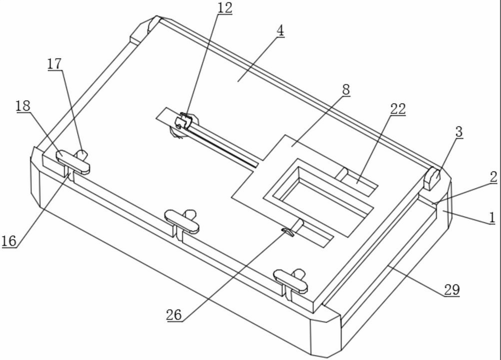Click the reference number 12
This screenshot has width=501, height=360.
coord(225,8)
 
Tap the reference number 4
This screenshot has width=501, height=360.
coord(280,30)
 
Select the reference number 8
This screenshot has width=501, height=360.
coord(345,90)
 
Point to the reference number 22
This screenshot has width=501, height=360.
coord(398,109)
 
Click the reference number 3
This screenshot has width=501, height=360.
coord(458,132)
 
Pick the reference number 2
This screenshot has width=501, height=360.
coord(493,177)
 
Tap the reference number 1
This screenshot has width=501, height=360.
coord(492,217)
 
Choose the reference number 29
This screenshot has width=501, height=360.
coord(451,290)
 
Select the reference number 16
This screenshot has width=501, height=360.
coord(9,241)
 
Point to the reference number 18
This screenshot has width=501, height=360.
coord(23,106)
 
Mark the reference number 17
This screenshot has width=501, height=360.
coord(55,64)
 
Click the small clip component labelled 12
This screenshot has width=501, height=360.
coord(183,122)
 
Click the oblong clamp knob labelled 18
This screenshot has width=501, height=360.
coord(73,162)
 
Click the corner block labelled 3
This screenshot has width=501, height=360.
coord(432,178)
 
